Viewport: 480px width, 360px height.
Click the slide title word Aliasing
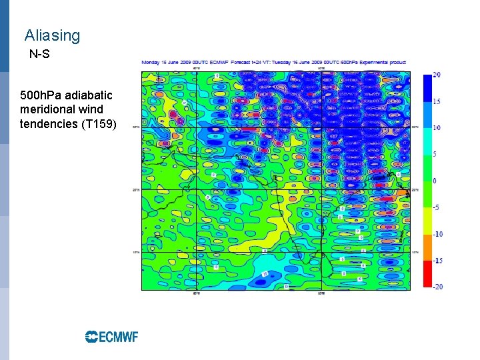click(x=52, y=36)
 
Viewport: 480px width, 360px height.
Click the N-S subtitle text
click(x=39, y=54)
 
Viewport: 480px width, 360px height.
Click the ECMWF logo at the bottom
click(x=111, y=337)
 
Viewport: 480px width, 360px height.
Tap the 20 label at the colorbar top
click(x=436, y=75)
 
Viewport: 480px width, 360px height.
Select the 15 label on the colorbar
click(x=436, y=101)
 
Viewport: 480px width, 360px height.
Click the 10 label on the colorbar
click(x=436, y=127)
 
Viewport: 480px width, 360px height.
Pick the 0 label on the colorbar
click(x=434, y=181)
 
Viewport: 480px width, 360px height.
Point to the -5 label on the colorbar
click(x=435, y=207)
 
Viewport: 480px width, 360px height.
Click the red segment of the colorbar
click(x=427, y=273)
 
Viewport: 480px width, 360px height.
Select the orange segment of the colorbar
click(x=427, y=247)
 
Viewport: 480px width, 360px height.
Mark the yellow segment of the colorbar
click(x=427, y=221)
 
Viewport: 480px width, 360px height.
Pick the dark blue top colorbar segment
click(x=427, y=87)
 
